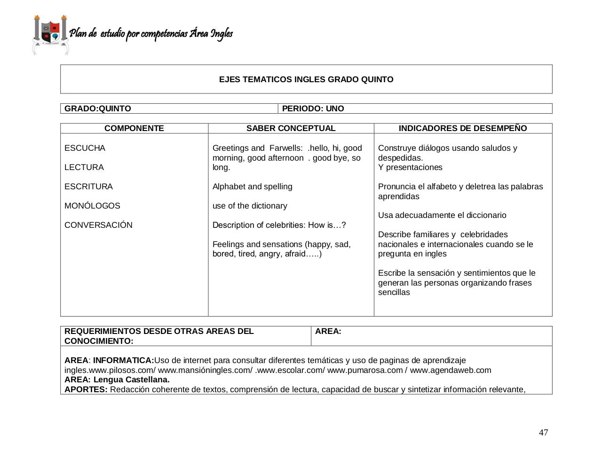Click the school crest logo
50,35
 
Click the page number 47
543,433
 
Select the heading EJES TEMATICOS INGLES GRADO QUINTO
306,79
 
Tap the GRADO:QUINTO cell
98,108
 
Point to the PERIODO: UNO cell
313,108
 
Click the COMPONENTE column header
134,128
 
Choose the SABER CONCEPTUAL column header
291,128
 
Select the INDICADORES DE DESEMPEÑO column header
463,128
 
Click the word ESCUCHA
85,148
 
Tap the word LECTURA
84,167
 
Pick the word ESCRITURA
88,186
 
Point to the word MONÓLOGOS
92,206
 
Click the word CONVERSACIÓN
98,225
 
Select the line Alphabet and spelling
252,186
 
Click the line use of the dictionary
249,206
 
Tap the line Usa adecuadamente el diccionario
442,215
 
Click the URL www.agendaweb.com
450,370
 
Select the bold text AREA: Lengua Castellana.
117,380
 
